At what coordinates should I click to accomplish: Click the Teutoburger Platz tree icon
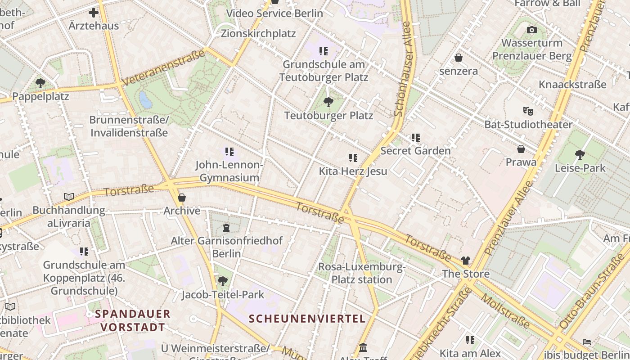point(328,102)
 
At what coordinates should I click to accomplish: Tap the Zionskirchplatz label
point(258,33)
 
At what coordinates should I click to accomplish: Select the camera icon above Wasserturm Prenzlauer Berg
point(532,30)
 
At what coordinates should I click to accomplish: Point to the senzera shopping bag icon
point(459,58)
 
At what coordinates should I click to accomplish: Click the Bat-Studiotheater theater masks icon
point(528,111)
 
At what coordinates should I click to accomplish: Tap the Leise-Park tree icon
point(580,155)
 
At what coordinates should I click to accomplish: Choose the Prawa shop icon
point(521,149)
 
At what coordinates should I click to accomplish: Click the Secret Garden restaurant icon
point(415,137)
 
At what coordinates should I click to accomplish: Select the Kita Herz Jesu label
point(353,171)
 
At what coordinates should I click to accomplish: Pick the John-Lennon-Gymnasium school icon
point(229,152)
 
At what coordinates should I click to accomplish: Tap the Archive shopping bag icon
point(182,198)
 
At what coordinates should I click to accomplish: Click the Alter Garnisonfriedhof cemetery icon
point(226,228)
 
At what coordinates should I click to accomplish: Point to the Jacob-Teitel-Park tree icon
point(222,282)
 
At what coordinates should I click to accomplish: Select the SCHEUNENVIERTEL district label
point(307,319)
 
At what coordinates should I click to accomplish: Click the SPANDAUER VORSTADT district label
point(133,320)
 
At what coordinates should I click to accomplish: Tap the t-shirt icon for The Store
point(465,261)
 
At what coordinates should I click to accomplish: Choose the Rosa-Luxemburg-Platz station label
point(362,273)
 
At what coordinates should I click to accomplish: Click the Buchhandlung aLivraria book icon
point(69,197)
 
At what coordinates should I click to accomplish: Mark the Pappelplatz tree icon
point(40,83)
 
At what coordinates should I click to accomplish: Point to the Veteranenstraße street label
point(163,67)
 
